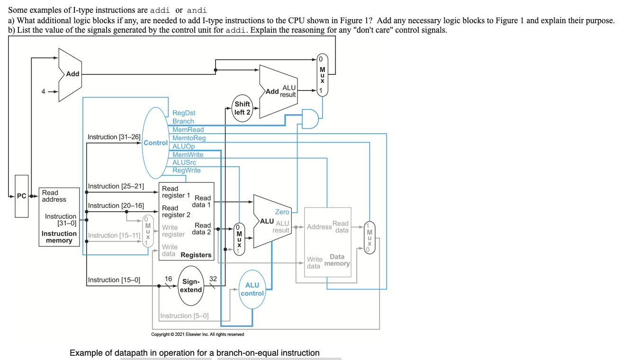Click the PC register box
(22, 196)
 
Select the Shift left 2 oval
(242, 108)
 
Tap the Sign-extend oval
(191, 286)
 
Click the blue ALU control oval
(252, 289)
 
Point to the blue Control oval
(155, 143)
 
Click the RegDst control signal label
(184, 113)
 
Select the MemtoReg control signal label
(189, 138)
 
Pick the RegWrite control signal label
(186, 170)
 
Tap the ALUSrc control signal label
(184, 162)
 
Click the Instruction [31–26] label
(114, 137)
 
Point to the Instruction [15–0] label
(114, 280)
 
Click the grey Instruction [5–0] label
(184, 316)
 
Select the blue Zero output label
(282, 212)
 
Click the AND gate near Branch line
(309, 119)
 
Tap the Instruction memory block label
(59, 237)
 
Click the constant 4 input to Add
(43, 91)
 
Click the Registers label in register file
(196, 255)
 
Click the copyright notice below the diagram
(198, 334)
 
